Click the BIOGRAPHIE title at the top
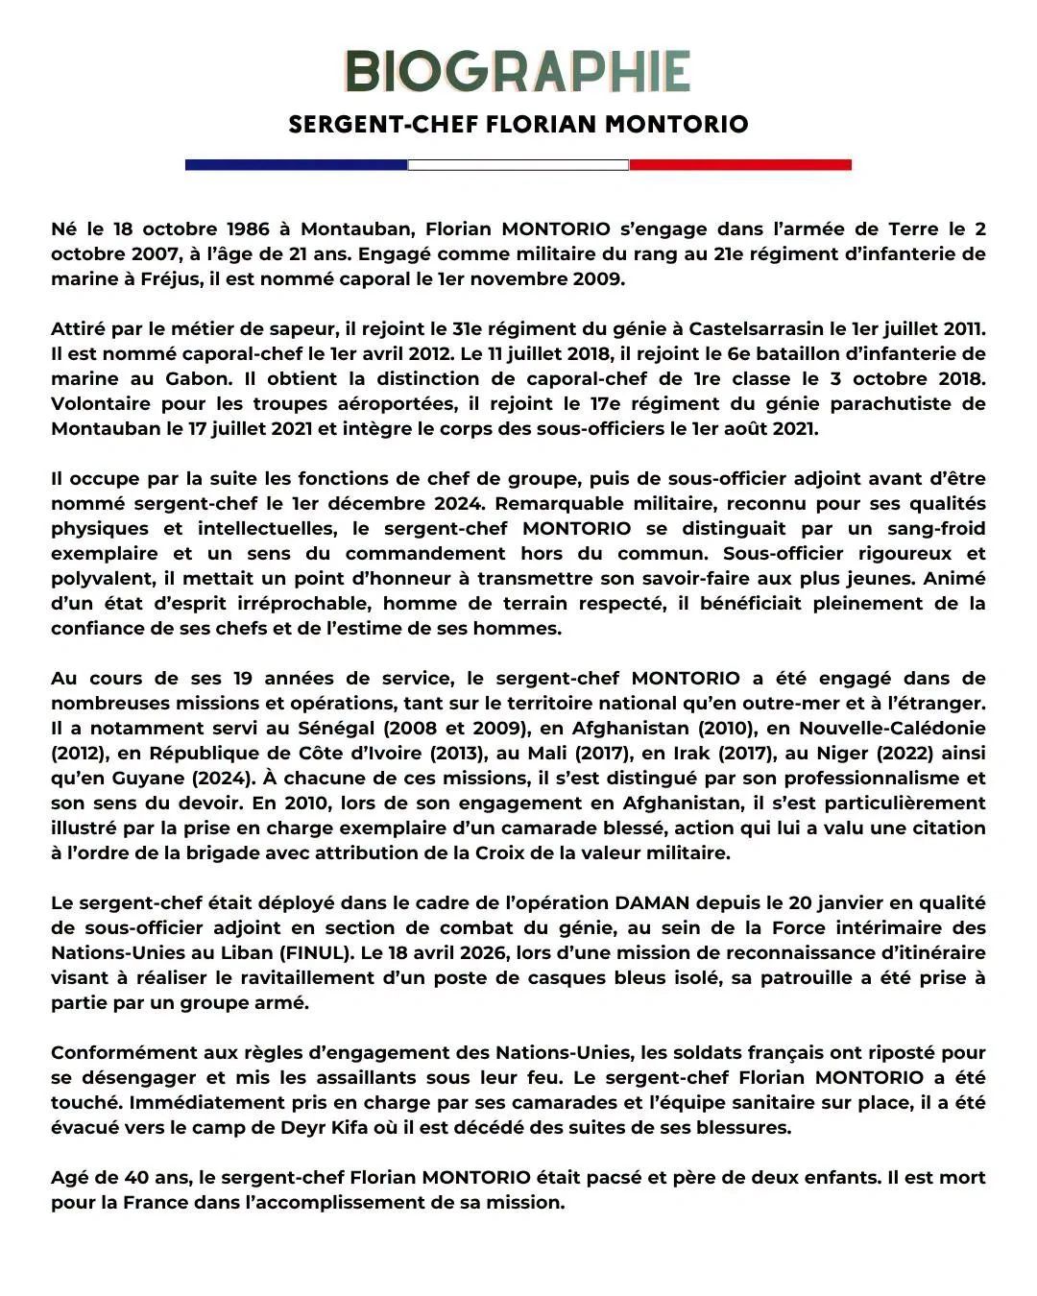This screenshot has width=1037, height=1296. coord(518,72)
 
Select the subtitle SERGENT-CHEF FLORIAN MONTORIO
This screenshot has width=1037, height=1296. coord(518,124)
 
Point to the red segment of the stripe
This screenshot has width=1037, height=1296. coord(740,165)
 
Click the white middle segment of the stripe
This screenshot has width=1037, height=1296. coord(518,165)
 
